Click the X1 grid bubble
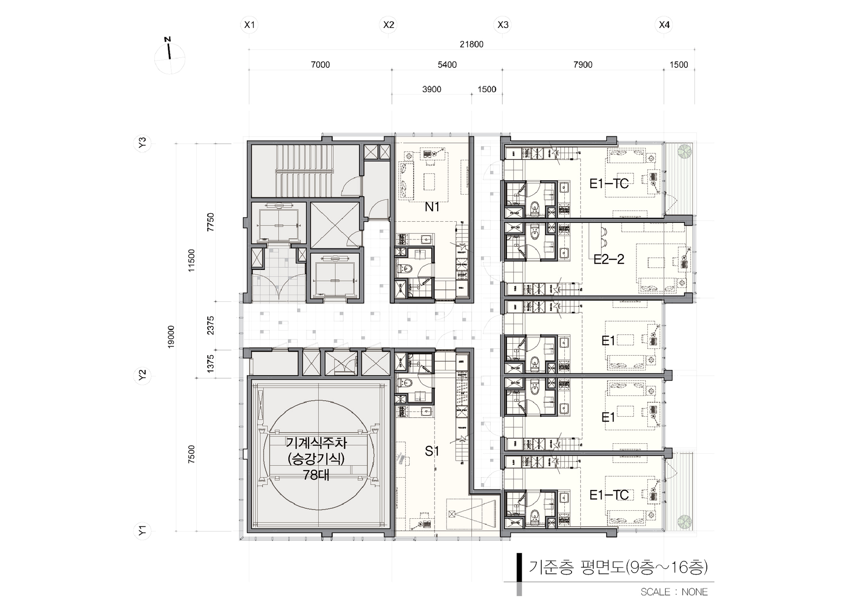coord(249,25)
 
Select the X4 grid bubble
coord(664,25)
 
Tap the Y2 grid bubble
coord(142,375)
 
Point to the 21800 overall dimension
coord(471,44)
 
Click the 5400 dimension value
coord(447,64)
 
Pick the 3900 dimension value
coord(432,89)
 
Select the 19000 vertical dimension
coord(171,337)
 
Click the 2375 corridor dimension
coord(211,325)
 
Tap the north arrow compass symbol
coord(170,57)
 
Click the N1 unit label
coord(432,207)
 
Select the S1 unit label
coord(432,451)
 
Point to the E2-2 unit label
coord(609,259)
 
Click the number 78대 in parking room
coord(316,475)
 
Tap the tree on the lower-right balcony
coord(683,521)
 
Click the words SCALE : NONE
coord(674,592)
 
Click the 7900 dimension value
coord(583,64)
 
